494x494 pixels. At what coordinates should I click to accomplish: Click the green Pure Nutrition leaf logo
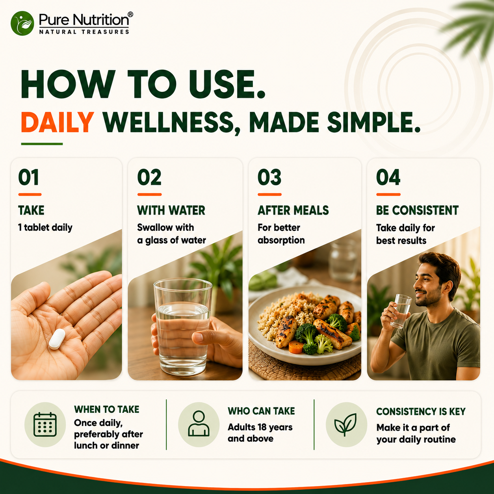coord(22,23)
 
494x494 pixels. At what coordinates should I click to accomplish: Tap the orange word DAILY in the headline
coord(58,122)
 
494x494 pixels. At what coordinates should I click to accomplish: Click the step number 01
coord(28,177)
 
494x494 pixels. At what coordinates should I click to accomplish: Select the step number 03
coord(269,177)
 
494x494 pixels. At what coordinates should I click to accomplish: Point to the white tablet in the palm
coord(57,339)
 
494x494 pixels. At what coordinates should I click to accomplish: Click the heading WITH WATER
coord(171,210)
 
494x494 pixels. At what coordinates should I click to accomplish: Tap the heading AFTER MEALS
coord(293,210)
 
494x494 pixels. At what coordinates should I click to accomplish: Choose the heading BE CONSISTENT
coord(417,210)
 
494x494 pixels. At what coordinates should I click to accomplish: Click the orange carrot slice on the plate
coord(296,347)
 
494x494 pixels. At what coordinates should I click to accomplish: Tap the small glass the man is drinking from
coord(401,311)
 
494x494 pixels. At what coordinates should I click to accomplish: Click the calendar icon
coord(45,424)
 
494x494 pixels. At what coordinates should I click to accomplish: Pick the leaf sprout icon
coord(345,424)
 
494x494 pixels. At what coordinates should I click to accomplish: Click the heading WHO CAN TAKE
coord(261,411)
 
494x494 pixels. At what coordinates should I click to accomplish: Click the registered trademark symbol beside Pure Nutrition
coord(130,14)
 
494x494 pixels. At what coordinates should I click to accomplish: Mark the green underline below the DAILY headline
coord(42,144)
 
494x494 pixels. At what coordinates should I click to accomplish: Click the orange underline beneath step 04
coord(388,195)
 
